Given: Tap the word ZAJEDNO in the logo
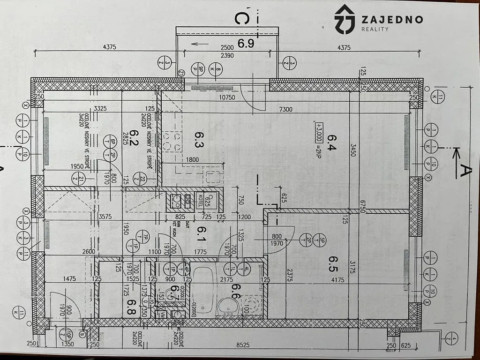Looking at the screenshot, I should [x=392, y=19].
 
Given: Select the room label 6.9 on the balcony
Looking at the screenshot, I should [x=246, y=44].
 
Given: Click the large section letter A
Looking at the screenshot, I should [x=465, y=172].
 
